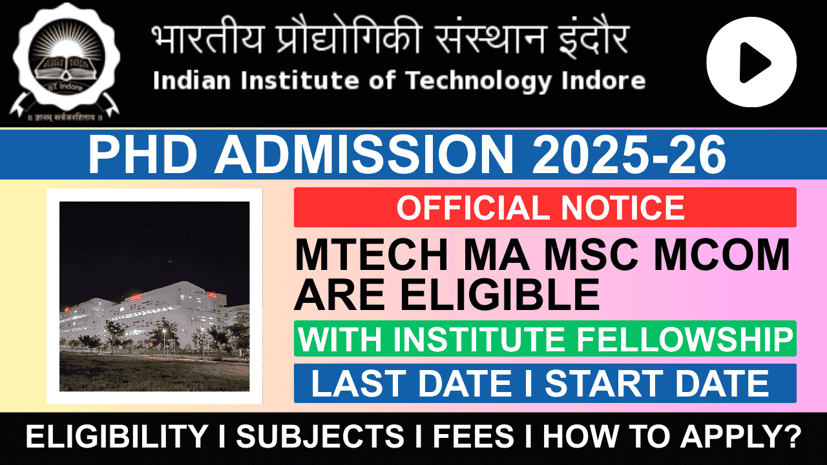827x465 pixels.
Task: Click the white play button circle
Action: pos(751,62)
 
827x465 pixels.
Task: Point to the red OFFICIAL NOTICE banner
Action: pos(545,207)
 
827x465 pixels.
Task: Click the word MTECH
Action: pos(371,255)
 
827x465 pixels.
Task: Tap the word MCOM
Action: pos(722,255)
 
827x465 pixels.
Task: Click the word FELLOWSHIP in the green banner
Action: pos(685,339)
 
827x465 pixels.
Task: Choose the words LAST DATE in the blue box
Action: pos(411,383)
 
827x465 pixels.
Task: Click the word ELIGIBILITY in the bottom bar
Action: pos(116,436)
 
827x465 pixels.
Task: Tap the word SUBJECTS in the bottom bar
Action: pos(320,436)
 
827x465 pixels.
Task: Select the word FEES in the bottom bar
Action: pos(474,436)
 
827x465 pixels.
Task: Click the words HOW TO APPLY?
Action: pos(672,436)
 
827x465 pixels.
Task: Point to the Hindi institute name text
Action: pos(390,36)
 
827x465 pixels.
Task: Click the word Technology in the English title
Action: pos(479,81)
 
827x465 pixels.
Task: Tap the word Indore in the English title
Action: pos(603,81)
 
